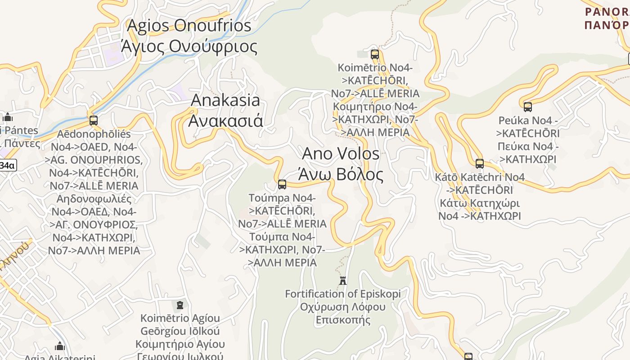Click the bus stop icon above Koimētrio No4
point(374,54)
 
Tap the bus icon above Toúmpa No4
point(282,184)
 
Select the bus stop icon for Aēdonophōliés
point(94,120)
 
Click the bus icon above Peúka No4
point(528,107)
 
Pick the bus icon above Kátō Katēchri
point(480,163)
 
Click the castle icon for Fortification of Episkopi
point(343,280)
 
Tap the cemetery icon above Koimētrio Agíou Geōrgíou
point(180,305)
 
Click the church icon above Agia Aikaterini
point(60,346)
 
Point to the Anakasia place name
point(225,100)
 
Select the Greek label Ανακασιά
point(225,121)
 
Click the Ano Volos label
point(341,153)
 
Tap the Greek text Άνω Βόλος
point(341,174)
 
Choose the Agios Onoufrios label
point(189,25)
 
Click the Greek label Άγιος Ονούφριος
point(189,46)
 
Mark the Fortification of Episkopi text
point(342,294)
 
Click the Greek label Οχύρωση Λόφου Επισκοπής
point(342,313)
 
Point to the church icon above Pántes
point(8,117)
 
